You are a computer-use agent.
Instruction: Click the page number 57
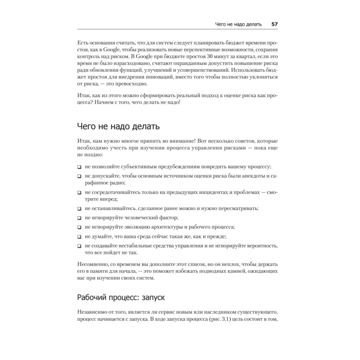point(274,24)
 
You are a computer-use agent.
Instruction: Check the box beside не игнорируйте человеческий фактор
point(79,218)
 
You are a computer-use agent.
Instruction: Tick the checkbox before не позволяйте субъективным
point(79,167)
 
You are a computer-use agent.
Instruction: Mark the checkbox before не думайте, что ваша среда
point(79,237)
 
